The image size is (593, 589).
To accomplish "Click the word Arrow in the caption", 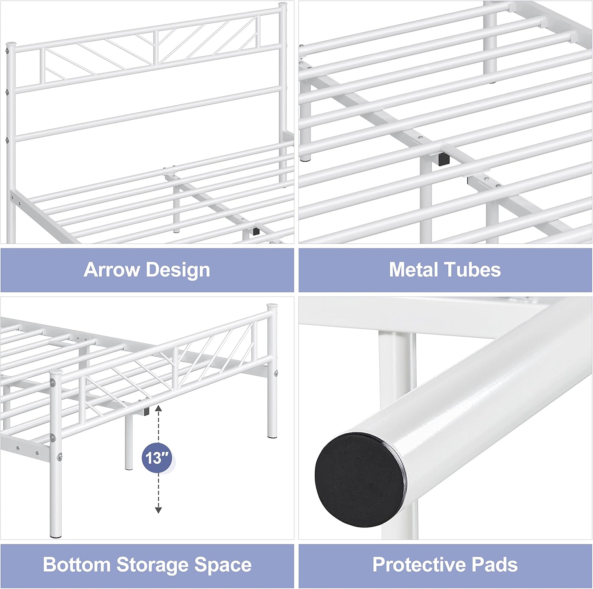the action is click(111, 270).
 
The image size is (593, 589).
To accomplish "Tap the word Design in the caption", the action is click(178, 271).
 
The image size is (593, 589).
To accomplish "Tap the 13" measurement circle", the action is click(157, 458).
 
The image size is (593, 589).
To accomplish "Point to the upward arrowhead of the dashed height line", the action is click(158, 408).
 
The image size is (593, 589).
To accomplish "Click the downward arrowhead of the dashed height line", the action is click(158, 510).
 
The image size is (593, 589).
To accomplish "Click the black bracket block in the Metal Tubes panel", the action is click(444, 159).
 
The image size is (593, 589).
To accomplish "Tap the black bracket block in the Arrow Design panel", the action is click(256, 231).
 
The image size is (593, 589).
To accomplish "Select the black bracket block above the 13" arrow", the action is click(146, 412).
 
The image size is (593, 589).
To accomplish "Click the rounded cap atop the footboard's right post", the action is click(272, 307).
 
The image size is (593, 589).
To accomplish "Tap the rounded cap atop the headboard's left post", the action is click(11, 45).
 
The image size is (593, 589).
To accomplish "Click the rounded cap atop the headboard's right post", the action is click(282, 6).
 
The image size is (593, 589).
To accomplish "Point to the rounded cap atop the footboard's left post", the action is click(56, 373).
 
